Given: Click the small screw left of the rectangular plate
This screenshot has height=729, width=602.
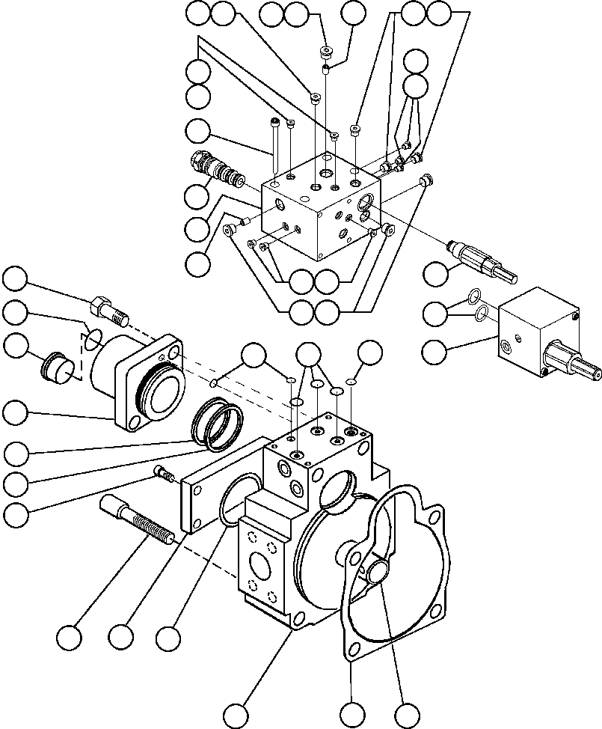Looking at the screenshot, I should [x=163, y=472].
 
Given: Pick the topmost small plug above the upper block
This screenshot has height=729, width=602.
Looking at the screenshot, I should [x=325, y=52].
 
